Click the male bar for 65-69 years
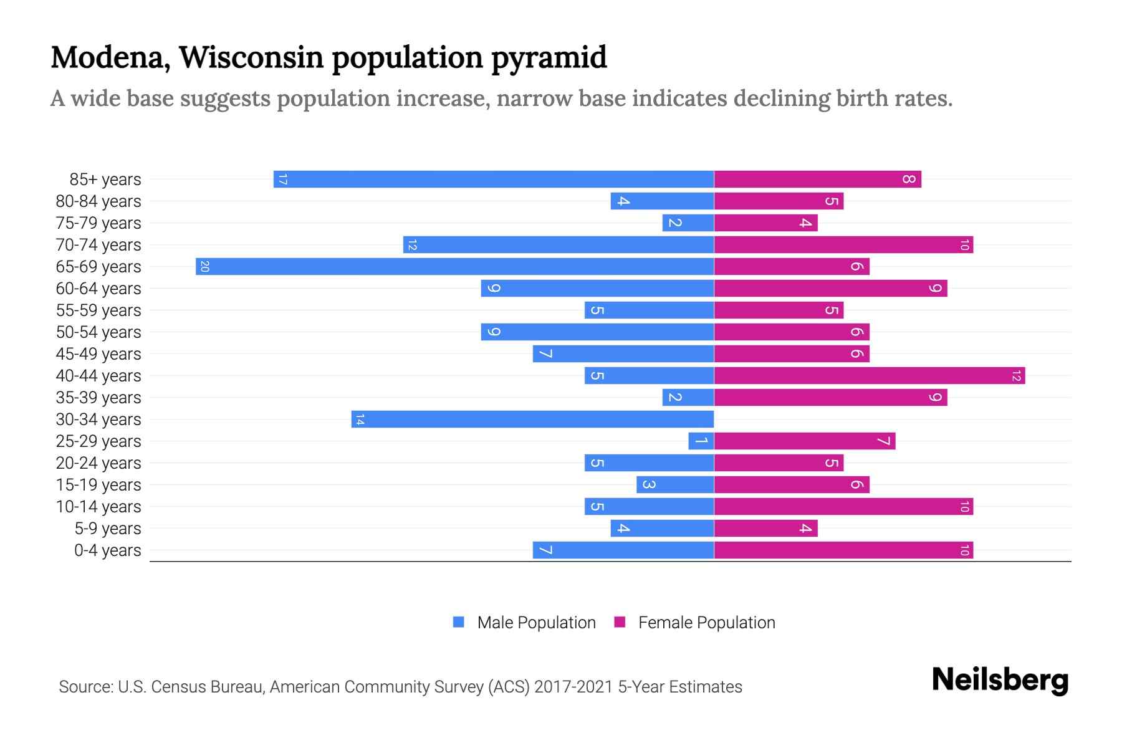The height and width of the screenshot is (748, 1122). [x=455, y=267]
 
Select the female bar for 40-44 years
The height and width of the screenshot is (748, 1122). [x=869, y=376]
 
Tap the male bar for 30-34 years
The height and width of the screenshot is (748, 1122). [x=532, y=420]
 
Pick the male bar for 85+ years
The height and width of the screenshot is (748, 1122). [x=494, y=180]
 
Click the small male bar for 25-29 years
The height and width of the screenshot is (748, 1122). [x=701, y=441]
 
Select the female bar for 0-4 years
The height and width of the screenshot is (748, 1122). [x=843, y=550]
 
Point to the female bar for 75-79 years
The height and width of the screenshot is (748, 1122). [x=765, y=223]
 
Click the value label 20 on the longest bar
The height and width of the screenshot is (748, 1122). [x=204, y=267]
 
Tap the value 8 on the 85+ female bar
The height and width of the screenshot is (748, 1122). [x=909, y=180]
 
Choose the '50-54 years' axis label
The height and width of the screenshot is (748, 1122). [x=98, y=332]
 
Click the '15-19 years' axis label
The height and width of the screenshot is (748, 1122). [x=98, y=485]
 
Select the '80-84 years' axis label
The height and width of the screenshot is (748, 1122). [x=98, y=201]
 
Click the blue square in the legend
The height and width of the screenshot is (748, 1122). [x=459, y=622]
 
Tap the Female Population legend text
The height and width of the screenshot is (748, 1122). [x=706, y=623]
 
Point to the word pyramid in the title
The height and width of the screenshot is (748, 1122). [x=549, y=57]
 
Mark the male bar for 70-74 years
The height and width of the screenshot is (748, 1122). [x=559, y=245]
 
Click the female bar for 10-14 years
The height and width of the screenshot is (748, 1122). [x=843, y=507]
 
